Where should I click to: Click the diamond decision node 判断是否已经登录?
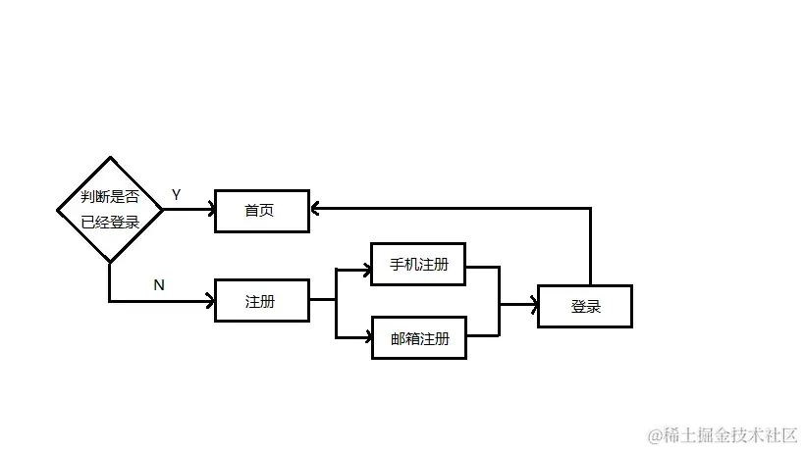109,209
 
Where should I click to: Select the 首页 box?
261,211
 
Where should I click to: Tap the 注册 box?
261,301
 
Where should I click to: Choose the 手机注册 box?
418,265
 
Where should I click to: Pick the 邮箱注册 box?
418,339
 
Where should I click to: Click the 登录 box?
585,306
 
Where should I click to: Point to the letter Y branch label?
176,195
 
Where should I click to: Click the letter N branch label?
158,285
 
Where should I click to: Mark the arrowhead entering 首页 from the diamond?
209,208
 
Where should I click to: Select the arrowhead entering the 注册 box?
209,300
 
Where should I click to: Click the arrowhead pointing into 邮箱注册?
365,338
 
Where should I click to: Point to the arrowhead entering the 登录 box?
533,305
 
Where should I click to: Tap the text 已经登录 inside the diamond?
110,223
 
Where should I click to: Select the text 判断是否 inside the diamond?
110,196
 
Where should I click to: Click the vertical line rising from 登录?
590,245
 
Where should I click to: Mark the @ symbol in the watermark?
652,432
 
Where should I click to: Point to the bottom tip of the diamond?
109,262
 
